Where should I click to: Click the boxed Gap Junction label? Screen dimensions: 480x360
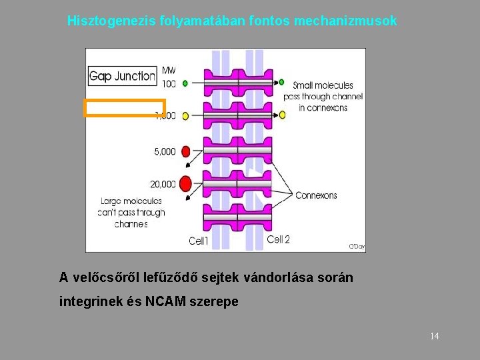[123, 76]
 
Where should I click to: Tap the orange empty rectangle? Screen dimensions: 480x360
[124, 108]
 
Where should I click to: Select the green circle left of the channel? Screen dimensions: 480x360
[185, 83]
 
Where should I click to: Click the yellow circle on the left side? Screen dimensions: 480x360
[185, 115]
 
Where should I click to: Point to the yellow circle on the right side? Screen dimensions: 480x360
[282, 115]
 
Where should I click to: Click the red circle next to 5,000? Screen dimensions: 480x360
[186, 151]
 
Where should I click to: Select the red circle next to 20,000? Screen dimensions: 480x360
[185, 183]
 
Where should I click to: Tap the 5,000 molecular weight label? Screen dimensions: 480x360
[165, 152]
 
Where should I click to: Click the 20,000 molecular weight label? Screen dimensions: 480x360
[164, 184]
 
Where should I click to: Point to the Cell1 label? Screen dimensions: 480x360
[199, 241]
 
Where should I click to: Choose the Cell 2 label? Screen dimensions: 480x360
[278, 239]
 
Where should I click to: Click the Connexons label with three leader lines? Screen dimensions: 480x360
[316, 195]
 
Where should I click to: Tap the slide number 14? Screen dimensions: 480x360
[435, 336]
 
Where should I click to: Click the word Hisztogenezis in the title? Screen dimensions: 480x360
[112, 21]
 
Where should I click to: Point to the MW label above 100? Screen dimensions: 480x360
[169, 71]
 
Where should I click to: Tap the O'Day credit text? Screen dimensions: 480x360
[357, 247]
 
